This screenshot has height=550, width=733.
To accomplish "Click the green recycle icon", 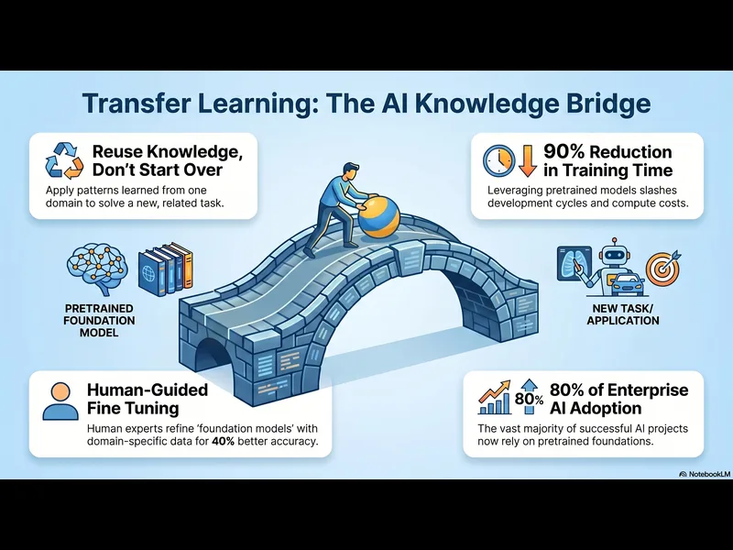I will pos(63,160).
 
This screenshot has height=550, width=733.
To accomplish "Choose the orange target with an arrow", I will pos(661,268).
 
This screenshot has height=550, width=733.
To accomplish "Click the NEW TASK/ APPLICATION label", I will pos(623,314).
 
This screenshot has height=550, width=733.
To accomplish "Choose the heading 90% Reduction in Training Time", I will pos(607,160).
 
